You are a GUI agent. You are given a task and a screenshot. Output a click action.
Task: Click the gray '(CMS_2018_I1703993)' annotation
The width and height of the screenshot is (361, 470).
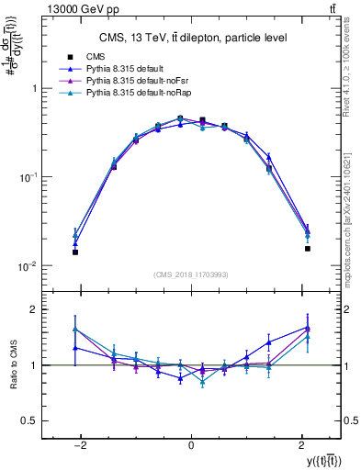(x=191, y=274)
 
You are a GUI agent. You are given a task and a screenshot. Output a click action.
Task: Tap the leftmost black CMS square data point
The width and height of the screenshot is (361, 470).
(x=75, y=252)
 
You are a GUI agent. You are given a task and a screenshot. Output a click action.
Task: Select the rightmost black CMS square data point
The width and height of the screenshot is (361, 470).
(x=308, y=248)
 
